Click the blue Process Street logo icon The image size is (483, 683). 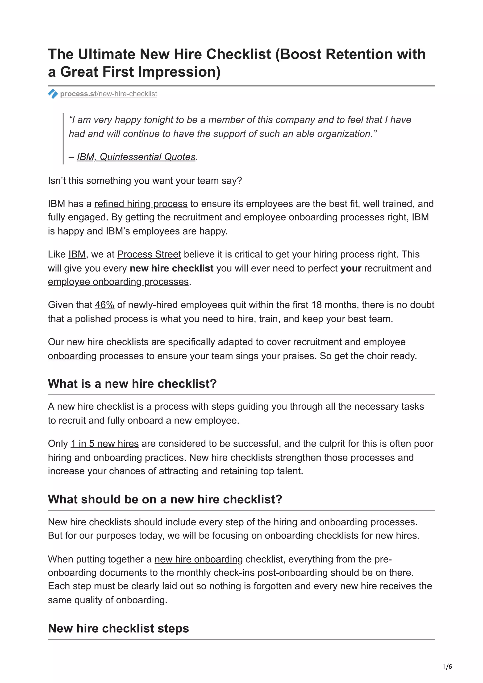[53, 94]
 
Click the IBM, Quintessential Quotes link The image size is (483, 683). [136, 157]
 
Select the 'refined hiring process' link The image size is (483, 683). [141, 204]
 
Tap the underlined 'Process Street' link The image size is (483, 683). [149, 254]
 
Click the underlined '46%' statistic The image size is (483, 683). [104, 305]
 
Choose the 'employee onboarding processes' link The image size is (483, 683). [118, 282]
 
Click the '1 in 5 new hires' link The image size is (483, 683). [104, 444]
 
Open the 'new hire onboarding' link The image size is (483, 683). [199, 559]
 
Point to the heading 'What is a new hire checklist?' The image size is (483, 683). [132, 384]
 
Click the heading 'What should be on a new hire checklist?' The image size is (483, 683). [165, 499]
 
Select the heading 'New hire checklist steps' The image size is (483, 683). [118, 628]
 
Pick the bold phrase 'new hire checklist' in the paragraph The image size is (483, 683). [171, 268]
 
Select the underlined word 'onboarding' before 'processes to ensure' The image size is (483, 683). [72, 356]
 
